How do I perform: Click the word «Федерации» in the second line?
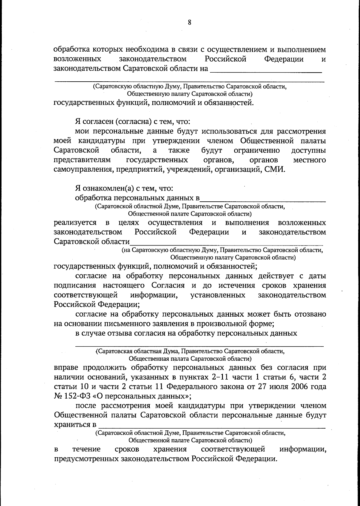(x=283, y=59)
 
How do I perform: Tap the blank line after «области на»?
(x=265, y=72)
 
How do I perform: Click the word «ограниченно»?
(x=256, y=150)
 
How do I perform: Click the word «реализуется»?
(x=75, y=223)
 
